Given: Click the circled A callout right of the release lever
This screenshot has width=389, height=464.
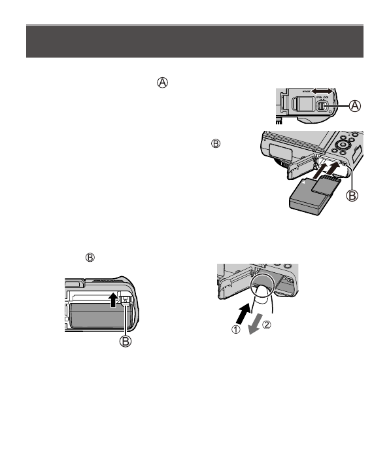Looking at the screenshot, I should coord(355,105).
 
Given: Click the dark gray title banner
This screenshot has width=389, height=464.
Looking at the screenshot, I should coord(194,42).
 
